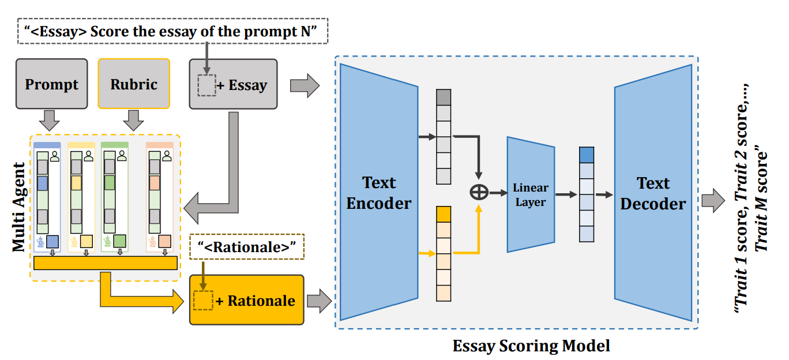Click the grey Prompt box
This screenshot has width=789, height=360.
[x=52, y=84]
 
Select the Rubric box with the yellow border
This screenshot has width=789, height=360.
[x=134, y=84]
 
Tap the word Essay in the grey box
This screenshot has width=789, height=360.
[x=248, y=86]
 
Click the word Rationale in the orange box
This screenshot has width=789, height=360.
[x=261, y=301]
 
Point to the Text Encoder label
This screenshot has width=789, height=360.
[x=378, y=193]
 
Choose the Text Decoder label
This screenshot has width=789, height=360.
[x=653, y=193]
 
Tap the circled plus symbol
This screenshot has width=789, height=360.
[x=479, y=192]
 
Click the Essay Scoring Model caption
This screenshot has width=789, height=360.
[x=531, y=346]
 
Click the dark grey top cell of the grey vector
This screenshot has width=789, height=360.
[x=444, y=97]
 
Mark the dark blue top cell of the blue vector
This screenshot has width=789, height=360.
[x=586, y=155]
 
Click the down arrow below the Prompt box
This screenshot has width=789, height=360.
[x=52, y=119]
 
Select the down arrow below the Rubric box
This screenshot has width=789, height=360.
[x=134, y=119]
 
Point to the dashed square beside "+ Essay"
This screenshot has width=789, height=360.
[x=206, y=85]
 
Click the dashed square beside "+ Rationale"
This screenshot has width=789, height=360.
[x=202, y=301]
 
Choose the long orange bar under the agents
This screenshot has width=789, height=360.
[x=106, y=262]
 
